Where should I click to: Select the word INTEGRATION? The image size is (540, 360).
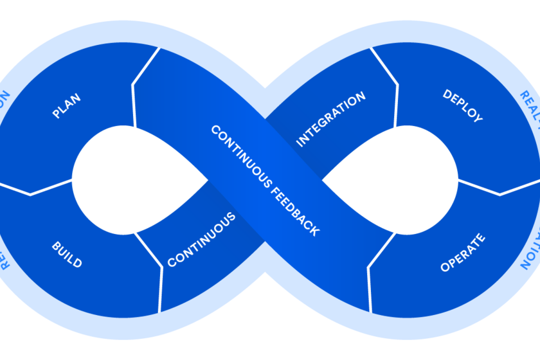[330, 120]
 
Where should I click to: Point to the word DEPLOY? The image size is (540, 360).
[463, 106]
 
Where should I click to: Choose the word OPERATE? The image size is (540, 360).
[463, 253]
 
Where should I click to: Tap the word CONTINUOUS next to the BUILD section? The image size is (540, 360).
[201, 240]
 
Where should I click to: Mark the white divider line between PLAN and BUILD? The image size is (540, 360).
[39, 190]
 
